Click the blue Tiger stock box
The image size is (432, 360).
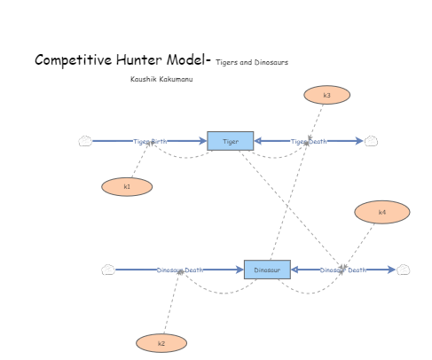230,141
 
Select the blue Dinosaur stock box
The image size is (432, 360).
267,270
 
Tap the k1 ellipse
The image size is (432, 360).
127,186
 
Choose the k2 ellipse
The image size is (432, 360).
161,343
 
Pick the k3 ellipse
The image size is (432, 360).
326,95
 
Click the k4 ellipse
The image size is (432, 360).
381,212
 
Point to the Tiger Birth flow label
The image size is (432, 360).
150,142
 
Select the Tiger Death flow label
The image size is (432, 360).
309,142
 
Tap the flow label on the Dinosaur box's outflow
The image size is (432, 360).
342,270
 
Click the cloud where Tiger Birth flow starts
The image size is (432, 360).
85,141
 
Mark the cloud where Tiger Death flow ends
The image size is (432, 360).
372,141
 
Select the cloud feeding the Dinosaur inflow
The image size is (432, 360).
107,270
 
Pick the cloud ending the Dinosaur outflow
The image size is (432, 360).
403,270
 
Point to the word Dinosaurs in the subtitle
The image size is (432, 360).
271,62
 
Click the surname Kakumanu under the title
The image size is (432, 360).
177,79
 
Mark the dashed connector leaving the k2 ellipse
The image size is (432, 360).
170,306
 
